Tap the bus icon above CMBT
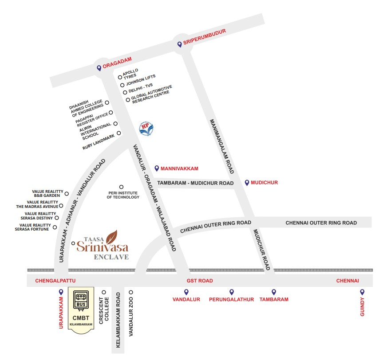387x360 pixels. coord(81,298)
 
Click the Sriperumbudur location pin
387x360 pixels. coord(179,44)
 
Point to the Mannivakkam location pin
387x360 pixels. coord(156,168)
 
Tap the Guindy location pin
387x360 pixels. coord(362,292)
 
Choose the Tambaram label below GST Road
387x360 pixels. coord(274,300)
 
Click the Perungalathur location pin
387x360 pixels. coord(231,292)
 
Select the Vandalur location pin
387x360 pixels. coord(186,292)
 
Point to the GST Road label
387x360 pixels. coord(200,281)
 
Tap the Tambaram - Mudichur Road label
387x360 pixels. coord(196,183)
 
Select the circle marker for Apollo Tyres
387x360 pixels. coord(120,77)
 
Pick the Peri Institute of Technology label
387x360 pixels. coord(123,195)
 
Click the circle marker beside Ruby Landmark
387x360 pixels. coord(119,133)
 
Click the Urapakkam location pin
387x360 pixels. coord(61,292)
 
